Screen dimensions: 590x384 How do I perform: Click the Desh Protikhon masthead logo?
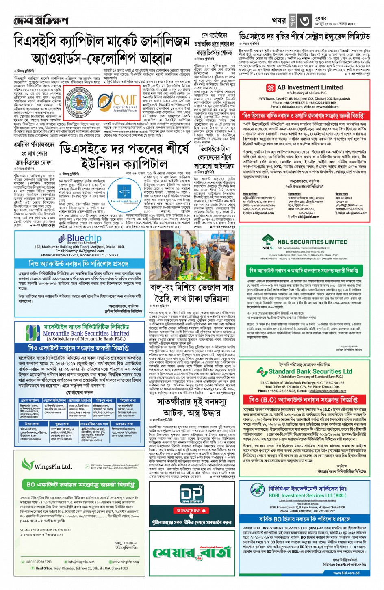(41, 20)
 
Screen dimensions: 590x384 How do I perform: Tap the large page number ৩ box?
(305, 20)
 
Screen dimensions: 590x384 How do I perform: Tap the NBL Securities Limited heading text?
(312, 242)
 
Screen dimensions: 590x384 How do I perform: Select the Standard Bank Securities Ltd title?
(310, 371)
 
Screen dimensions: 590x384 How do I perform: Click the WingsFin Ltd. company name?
(53, 467)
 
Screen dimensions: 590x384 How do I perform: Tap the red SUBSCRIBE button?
(189, 511)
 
